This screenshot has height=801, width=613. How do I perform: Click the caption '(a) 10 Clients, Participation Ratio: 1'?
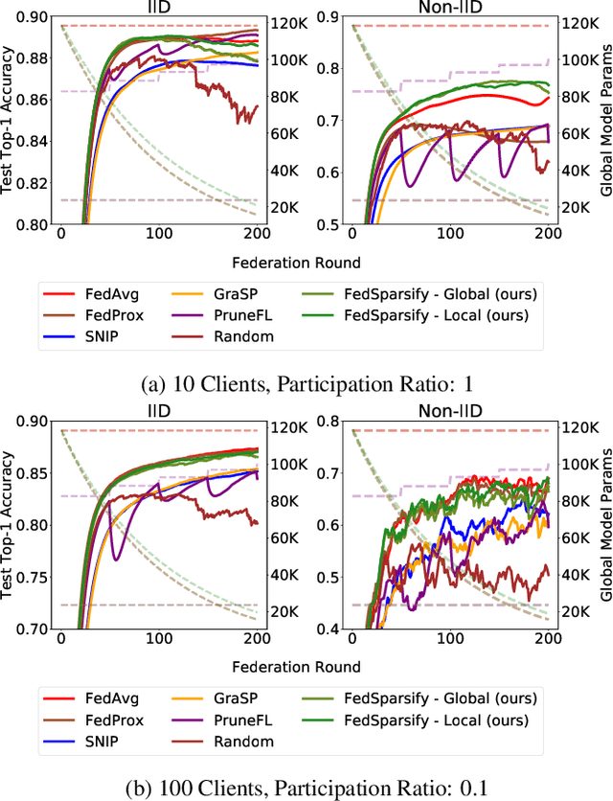pyautogui.click(x=306, y=384)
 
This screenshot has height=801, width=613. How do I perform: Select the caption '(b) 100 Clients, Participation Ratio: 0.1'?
pyautogui.click(x=306, y=789)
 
